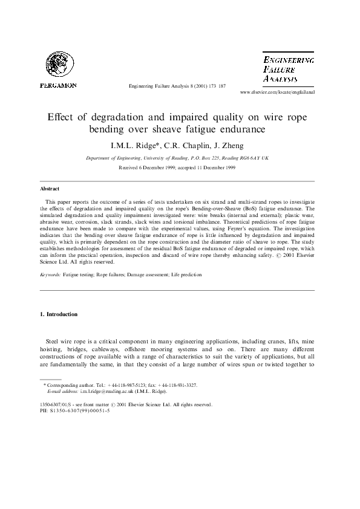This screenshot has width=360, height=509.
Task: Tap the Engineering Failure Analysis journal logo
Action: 287,70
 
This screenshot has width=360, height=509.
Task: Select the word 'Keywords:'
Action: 50,274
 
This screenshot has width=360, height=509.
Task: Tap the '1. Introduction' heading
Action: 59,314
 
